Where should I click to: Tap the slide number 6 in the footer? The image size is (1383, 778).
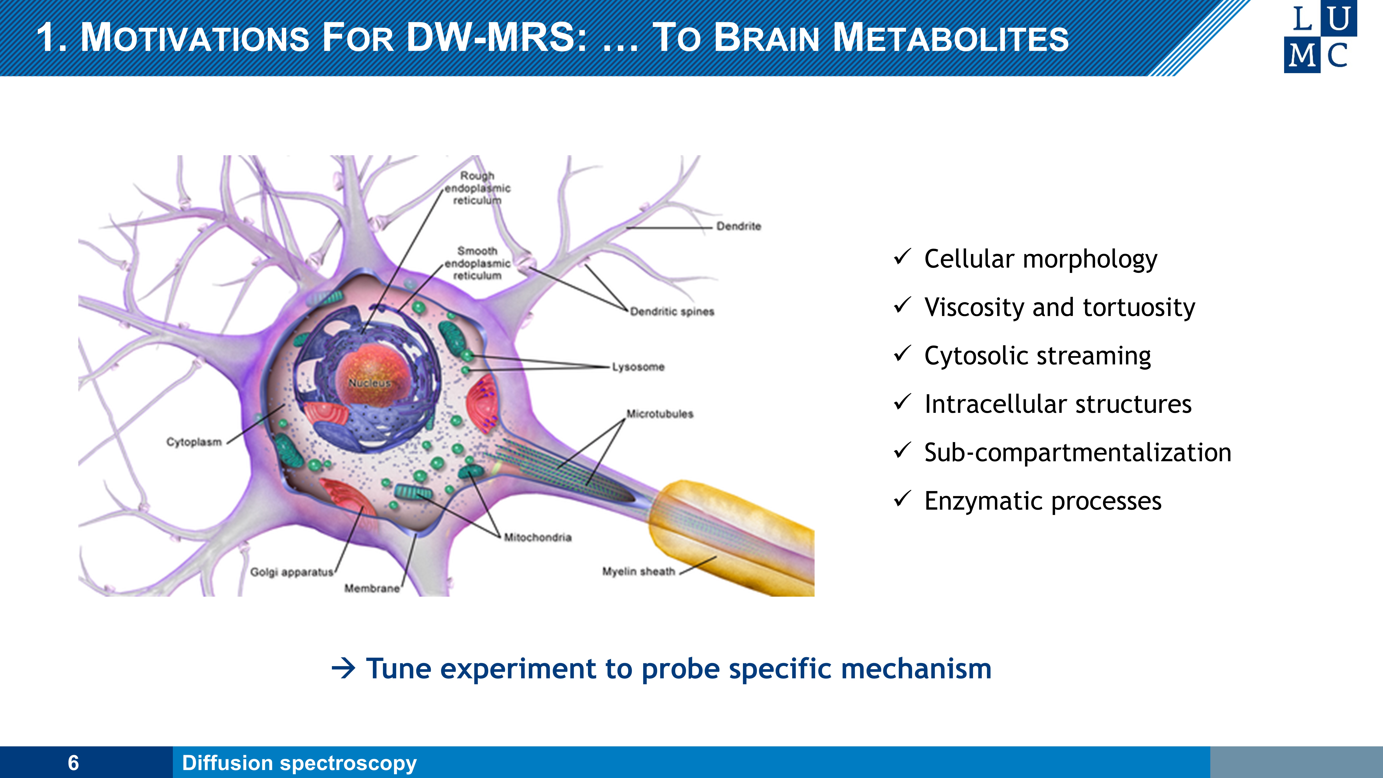tap(73, 762)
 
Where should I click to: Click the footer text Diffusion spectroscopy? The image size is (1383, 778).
tap(299, 762)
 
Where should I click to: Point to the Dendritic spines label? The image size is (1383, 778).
tap(672, 311)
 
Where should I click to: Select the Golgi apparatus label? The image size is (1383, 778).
tap(291, 572)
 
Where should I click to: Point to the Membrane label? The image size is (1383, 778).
tap(372, 589)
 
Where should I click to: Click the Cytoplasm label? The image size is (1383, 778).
tap(194, 442)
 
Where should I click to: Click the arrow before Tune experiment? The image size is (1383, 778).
tap(344, 668)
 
